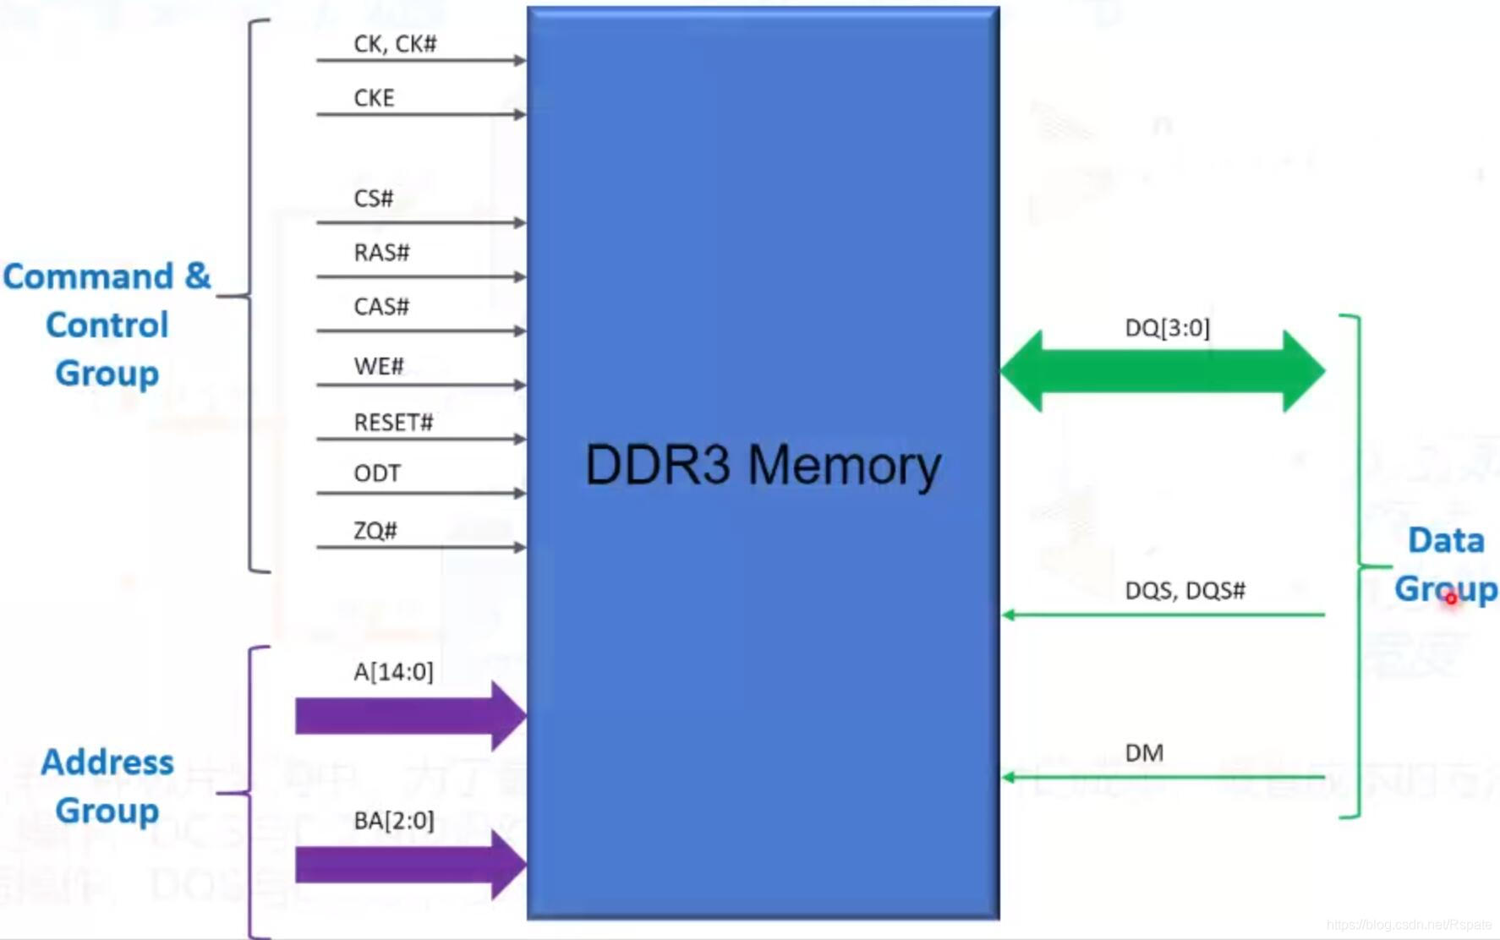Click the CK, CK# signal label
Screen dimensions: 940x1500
click(x=395, y=44)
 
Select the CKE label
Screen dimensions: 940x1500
click(x=374, y=98)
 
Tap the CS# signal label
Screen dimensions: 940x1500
click(x=373, y=199)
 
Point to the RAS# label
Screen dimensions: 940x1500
click(x=381, y=253)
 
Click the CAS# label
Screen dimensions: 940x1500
click(x=381, y=307)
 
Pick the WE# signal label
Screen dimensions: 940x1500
click(x=378, y=367)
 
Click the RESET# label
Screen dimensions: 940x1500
click(x=393, y=423)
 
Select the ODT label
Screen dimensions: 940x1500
click(x=377, y=473)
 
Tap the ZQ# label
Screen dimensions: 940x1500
click(x=375, y=531)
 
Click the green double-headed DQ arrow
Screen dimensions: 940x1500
click(x=1163, y=371)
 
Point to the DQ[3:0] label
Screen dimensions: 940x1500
click(x=1167, y=328)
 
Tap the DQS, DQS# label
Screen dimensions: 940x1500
click(x=1185, y=591)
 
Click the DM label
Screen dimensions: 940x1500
click(x=1144, y=753)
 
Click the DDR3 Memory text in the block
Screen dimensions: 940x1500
click(x=763, y=466)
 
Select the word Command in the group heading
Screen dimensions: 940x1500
click(x=88, y=277)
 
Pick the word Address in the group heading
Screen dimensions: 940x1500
click(x=107, y=762)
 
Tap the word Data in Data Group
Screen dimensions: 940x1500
click(x=1446, y=541)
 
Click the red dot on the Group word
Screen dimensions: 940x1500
click(x=1451, y=598)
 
